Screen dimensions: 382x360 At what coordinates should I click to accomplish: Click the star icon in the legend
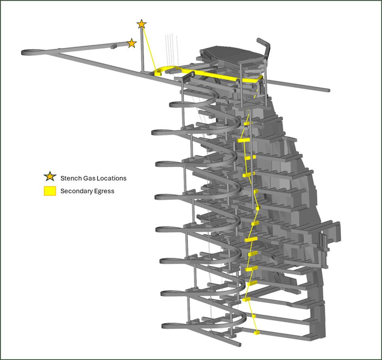click(50, 176)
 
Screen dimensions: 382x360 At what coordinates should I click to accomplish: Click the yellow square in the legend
click(50, 191)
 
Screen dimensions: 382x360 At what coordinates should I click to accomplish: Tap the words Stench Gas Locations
click(93, 178)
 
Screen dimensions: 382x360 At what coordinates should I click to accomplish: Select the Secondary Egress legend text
click(87, 191)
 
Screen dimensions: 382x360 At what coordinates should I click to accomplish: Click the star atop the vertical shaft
click(142, 24)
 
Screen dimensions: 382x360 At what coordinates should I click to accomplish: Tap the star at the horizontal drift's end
click(132, 43)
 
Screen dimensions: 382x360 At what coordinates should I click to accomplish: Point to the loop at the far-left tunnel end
click(32, 52)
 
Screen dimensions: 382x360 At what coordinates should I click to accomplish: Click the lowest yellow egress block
click(256, 332)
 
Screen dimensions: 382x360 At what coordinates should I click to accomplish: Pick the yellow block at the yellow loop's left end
click(158, 73)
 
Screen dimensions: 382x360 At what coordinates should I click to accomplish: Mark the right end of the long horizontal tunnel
click(329, 90)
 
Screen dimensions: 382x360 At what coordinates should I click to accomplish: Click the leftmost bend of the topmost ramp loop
click(171, 105)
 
